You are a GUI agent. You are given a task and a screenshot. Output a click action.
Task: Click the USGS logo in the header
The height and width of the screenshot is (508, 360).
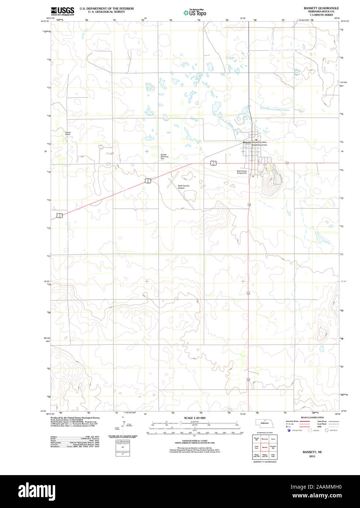coord(62,11)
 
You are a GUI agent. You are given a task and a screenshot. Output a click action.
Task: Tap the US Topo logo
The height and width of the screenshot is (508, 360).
coord(195,13)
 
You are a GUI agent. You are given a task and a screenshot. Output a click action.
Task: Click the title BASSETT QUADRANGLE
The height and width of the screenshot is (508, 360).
coord(321,8)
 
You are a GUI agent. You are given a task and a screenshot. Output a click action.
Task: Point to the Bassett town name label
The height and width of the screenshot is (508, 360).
coord(247,142)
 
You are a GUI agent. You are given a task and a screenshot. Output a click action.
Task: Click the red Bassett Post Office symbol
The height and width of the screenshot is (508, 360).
coord(256,140)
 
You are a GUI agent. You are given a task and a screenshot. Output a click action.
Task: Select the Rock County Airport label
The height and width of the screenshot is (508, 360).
coord(183,187)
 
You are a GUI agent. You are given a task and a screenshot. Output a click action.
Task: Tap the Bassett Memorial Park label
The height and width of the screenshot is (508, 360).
coord(164,157)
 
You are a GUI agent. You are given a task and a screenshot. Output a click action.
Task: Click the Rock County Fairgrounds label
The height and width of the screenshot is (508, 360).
coord(242,172)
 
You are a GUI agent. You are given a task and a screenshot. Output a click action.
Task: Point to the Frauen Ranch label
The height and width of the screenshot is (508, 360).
coord(68,133)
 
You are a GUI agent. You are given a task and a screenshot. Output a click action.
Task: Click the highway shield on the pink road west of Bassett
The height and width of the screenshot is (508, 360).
coord(147,180)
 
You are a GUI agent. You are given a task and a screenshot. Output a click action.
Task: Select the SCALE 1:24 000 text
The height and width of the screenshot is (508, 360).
coord(194,418)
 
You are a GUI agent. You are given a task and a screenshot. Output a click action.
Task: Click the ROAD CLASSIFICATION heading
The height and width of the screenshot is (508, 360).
coord(312,417)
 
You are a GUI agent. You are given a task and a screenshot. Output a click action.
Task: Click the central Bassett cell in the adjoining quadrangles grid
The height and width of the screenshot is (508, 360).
coord(265,447)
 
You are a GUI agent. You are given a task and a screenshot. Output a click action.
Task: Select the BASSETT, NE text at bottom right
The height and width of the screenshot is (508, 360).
coord(312,452)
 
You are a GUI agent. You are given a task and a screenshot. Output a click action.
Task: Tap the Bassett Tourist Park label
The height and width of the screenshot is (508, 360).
coord(259,145)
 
